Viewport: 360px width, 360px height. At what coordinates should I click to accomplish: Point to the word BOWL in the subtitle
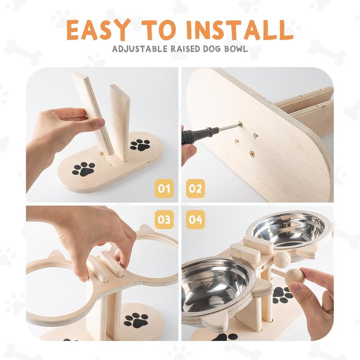tap(237, 49)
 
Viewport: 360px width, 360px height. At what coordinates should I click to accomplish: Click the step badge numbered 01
tap(164, 189)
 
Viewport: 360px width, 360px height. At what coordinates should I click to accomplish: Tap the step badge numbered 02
tap(195, 189)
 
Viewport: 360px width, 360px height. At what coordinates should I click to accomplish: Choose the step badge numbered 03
tap(164, 220)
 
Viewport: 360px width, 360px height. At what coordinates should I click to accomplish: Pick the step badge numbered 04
tap(195, 220)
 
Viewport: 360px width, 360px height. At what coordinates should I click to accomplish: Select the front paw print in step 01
tap(83, 169)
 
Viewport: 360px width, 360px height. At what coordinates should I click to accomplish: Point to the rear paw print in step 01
tap(140, 145)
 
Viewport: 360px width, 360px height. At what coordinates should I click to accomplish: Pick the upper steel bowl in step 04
tap(289, 229)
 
